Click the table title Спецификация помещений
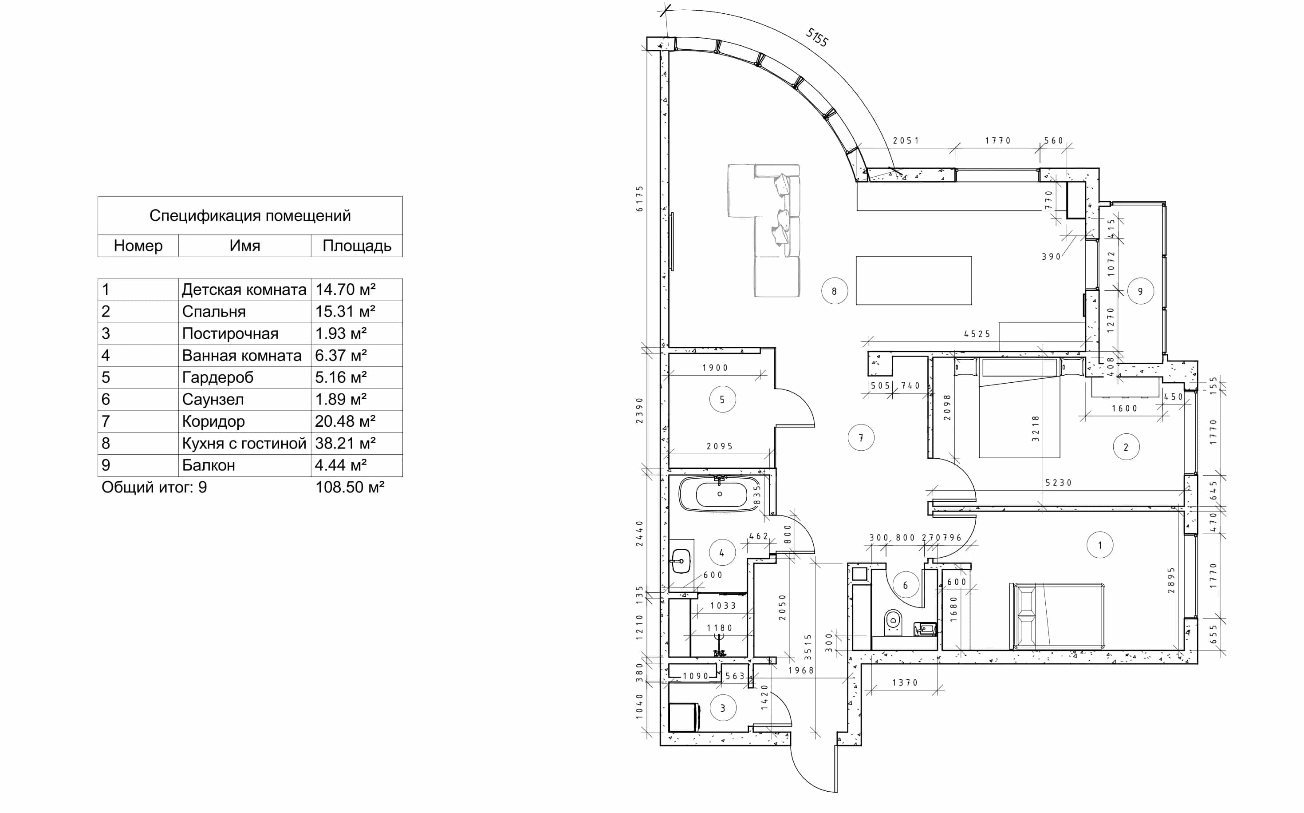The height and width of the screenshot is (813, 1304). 250,216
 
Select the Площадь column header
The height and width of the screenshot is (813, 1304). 357,246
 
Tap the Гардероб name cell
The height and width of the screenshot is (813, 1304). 217,377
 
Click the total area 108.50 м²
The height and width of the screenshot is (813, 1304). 350,487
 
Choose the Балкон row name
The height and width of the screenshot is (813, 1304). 209,465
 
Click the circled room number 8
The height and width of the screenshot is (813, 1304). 835,291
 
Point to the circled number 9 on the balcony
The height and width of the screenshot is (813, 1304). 1141,291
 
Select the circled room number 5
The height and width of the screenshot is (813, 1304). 722,400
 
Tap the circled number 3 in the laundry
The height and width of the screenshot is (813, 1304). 723,708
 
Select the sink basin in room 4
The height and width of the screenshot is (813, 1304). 681,561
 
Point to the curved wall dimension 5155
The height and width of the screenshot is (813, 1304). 817,37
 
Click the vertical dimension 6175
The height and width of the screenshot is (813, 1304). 639,199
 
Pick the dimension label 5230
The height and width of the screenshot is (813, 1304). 1059,483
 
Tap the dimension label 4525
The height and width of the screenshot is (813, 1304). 977,334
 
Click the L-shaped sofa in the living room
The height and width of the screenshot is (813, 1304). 764,230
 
